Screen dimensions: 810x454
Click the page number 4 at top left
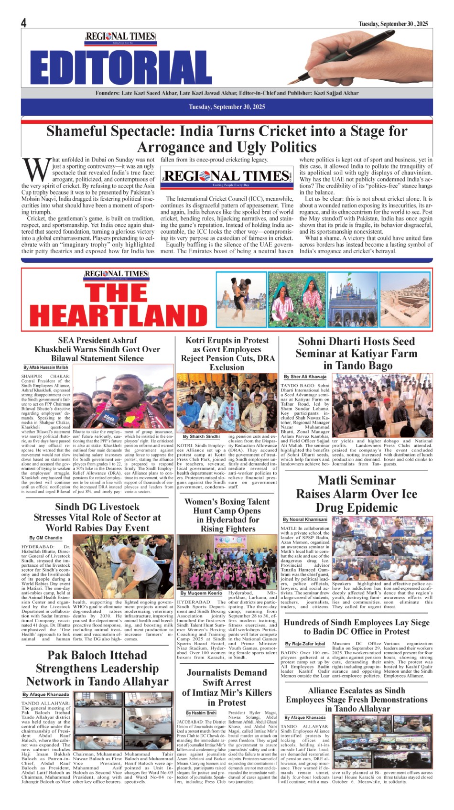23,22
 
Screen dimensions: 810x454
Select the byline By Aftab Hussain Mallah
46,367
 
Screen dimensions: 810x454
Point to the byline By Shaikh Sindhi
201,436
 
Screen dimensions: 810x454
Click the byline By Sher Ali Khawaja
305,377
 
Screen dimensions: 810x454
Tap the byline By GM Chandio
46,538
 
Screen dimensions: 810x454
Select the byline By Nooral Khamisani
305,519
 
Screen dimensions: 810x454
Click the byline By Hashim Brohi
201,713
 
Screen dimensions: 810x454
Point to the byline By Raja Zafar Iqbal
305,644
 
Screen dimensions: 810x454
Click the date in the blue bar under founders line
227,107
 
